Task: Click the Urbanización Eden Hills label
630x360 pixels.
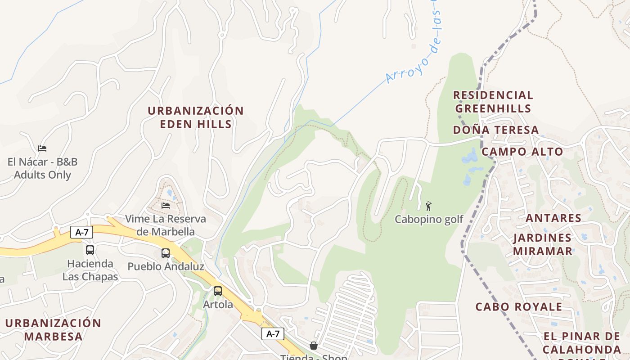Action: tap(196, 117)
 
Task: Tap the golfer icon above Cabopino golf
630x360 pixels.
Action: tap(428, 206)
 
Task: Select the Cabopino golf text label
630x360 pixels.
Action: tap(429, 220)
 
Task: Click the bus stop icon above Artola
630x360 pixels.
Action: tap(218, 291)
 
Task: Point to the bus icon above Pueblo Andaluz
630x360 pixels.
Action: tap(166, 253)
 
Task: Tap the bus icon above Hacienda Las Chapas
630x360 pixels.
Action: tap(90, 250)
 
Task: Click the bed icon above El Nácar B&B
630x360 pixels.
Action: tap(42, 148)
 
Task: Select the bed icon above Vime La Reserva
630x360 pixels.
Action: tap(166, 206)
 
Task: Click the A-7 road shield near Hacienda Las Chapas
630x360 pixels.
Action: tap(81, 233)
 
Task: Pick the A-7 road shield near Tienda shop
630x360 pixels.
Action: tap(273, 334)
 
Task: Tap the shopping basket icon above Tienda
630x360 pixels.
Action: tap(314, 346)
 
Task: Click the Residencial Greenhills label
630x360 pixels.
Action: tap(493, 102)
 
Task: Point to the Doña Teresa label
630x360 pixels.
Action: tap(495, 130)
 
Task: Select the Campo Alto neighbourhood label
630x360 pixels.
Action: tap(522, 152)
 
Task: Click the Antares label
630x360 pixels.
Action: tap(553, 218)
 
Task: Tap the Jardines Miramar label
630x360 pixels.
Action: tap(542, 244)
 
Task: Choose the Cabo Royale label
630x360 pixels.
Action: tap(519, 307)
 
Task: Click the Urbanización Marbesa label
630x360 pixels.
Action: tap(53, 329)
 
